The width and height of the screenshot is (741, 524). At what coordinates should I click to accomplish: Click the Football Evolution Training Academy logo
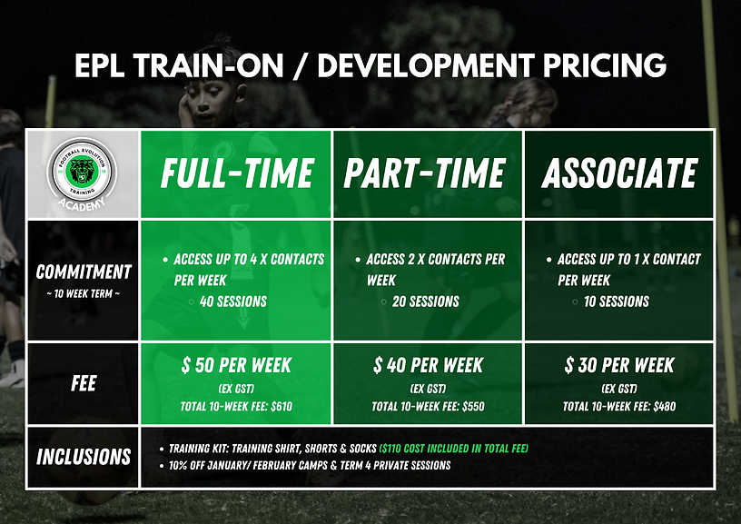pyautogui.click(x=83, y=173)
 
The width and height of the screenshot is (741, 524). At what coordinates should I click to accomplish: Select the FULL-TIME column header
pyautogui.click(x=236, y=173)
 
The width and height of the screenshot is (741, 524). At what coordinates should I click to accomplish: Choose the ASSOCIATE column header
pyautogui.click(x=619, y=173)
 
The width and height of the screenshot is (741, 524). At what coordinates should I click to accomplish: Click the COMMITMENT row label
pyautogui.click(x=83, y=272)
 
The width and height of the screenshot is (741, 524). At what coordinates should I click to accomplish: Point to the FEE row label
pyautogui.click(x=84, y=383)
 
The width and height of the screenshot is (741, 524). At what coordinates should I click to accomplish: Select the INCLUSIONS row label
pyautogui.click(x=84, y=457)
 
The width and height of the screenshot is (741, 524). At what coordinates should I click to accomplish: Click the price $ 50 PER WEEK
pyautogui.click(x=236, y=365)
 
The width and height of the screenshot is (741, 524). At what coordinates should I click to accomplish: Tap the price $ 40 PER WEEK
pyautogui.click(x=428, y=365)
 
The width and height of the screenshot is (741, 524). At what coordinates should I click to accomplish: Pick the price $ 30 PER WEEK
pyautogui.click(x=619, y=365)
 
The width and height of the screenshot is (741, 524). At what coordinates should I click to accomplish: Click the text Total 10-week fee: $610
pyautogui.click(x=236, y=406)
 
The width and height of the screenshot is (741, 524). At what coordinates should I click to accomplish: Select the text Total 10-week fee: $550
pyautogui.click(x=428, y=406)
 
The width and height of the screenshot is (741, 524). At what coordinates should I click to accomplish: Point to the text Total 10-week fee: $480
pyautogui.click(x=619, y=406)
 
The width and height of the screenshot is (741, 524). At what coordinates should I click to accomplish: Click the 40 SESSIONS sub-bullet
pyautogui.click(x=232, y=302)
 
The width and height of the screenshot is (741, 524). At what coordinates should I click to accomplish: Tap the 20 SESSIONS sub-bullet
pyautogui.click(x=425, y=302)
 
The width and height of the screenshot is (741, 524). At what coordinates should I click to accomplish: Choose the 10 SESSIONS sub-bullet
pyautogui.click(x=617, y=302)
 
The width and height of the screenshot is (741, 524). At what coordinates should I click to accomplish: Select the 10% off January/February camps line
pyautogui.click(x=309, y=465)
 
